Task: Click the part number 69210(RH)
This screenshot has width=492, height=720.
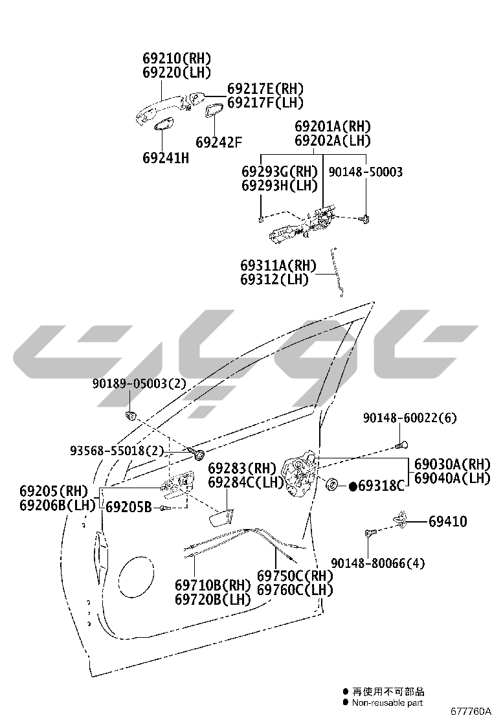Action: [x=177, y=58]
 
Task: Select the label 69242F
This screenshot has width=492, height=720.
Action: [x=218, y=142]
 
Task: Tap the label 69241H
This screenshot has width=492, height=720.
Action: [x=166, y=158]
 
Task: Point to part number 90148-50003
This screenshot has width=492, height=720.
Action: [x=366, y=172]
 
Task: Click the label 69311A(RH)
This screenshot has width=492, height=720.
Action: [x=278, y=265]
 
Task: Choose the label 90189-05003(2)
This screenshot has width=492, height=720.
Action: [x=140, y=383]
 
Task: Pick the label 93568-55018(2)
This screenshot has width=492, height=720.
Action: [x=117, y=451]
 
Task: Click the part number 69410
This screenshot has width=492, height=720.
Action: [x=448, y=522]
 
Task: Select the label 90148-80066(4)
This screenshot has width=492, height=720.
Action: [x=377, y=563]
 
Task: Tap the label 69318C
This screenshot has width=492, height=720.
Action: [x=381, y=486]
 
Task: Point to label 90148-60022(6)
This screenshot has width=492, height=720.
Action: [x=410, y=418]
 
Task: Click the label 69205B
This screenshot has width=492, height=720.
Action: [x=129, y=507]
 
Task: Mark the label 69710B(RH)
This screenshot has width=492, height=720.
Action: [x=213, y=585]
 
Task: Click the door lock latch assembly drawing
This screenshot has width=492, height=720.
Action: [x=299, y=473]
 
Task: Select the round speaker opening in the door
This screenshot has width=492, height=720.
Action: [x=137, y=579]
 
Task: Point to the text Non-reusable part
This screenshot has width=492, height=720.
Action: [x=387, y=703]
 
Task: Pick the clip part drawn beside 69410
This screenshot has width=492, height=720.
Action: [x=401, y=518]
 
